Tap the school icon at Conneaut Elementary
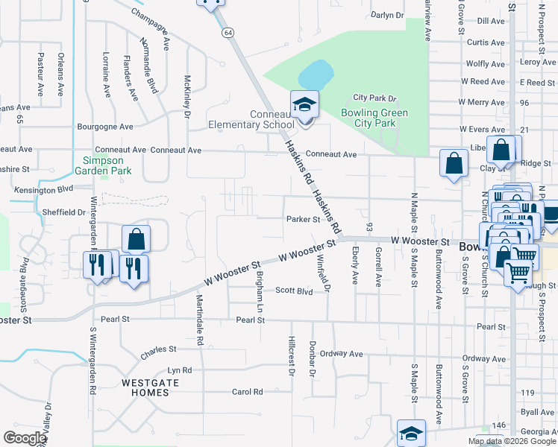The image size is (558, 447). tap(304, 104)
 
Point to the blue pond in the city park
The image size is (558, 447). tap(316, 74)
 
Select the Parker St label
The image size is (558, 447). tap(303, 219)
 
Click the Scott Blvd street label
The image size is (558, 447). tap(294, 291)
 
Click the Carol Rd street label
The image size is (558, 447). tap(248, 391)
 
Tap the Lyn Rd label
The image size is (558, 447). tap(180, 370)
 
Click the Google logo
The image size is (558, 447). tap(25, 438)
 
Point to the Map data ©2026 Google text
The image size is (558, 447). tap(511, 441)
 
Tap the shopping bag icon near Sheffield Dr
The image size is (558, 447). tap(136, 240)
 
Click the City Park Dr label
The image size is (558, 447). tap(374, 98)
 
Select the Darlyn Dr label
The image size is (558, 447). tap(387, 15)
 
